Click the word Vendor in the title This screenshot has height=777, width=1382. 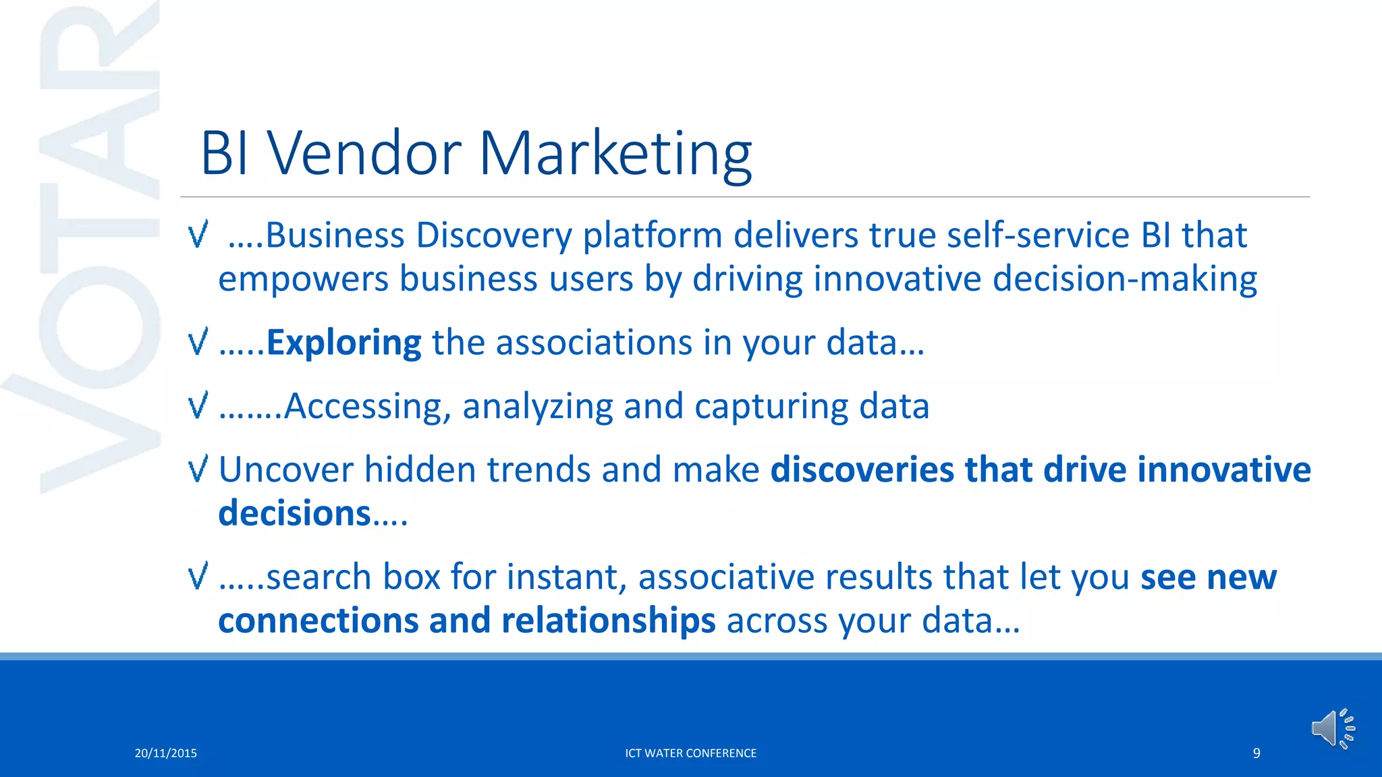(x=365, y=154)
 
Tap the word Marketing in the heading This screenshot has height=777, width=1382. (x=615, y=154)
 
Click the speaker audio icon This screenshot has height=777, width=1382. (x=1333, y=728)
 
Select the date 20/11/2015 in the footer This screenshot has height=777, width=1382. (x=166, y=753)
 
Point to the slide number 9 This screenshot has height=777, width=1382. (x=1256, y=753)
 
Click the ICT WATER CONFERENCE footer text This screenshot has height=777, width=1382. (x=690, y=753)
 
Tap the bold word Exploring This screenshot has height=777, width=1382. (x=343, y=343)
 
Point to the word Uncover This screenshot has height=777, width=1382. (x=285, y=469)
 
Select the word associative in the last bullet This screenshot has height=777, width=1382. (x=725, y=577)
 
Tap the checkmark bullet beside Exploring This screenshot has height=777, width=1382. (x=198, y=342)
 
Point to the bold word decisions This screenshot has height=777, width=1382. (x=294, y=513)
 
